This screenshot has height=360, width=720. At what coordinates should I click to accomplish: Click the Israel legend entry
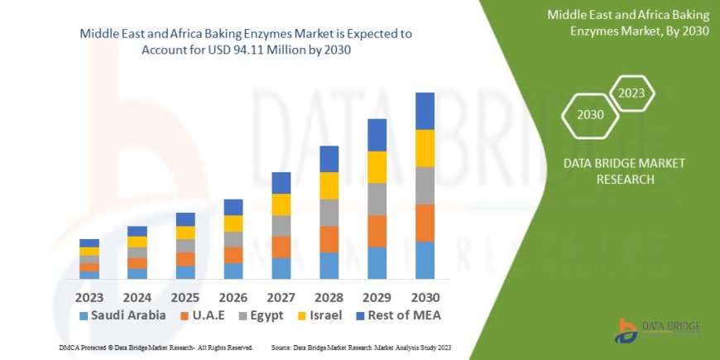(x=323, y=315)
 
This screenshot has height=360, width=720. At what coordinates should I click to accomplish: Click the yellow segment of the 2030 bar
(x=425, y=148)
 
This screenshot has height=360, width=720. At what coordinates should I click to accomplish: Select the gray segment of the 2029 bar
(x=377, y=199)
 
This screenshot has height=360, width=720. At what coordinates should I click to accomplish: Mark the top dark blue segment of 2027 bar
(x=281, y=183)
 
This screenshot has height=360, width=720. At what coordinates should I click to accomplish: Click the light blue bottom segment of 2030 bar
(x=425, y=260)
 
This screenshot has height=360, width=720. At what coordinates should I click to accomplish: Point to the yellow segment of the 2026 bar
(x=233, y=223)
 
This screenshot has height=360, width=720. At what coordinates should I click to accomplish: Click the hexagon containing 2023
(x=631, y=94)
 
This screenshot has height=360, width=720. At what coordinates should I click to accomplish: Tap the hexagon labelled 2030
(x=590, y=114)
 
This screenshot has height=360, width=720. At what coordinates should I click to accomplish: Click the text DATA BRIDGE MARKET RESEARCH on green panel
(x=624, y=171)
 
